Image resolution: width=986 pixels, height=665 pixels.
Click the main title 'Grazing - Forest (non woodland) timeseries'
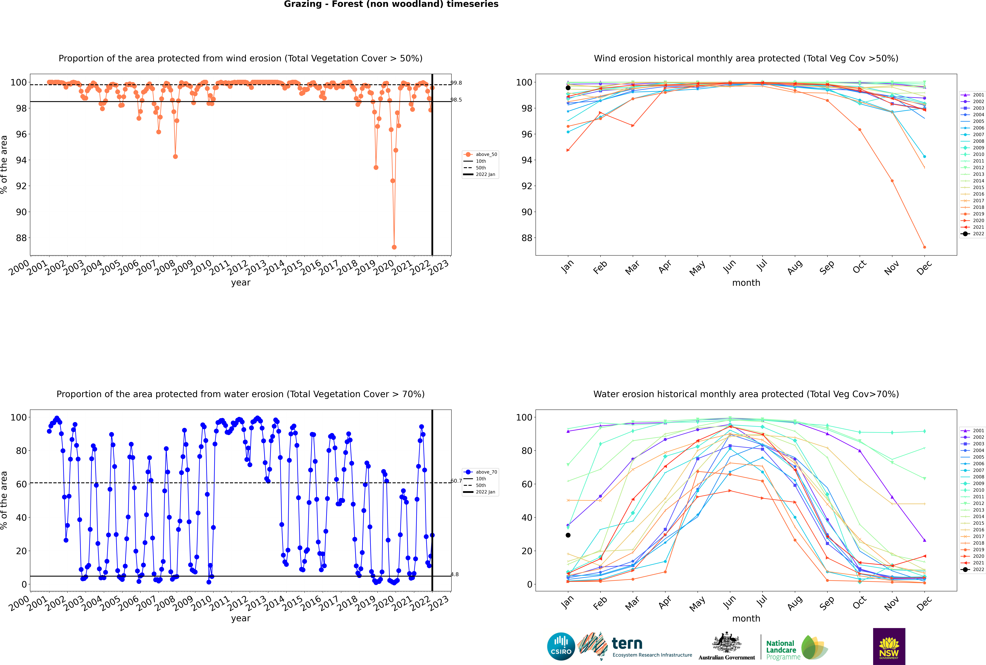pos(391,4)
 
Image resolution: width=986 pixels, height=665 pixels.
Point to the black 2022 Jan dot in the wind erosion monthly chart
pos(568,88)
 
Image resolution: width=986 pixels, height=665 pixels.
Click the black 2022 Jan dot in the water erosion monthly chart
pos(568,535)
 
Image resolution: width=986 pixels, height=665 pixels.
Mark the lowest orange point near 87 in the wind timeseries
pos(394,247)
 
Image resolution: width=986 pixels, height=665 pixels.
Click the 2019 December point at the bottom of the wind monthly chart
pos(925,247)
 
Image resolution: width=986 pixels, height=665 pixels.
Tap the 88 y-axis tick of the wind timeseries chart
pos(21,238)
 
